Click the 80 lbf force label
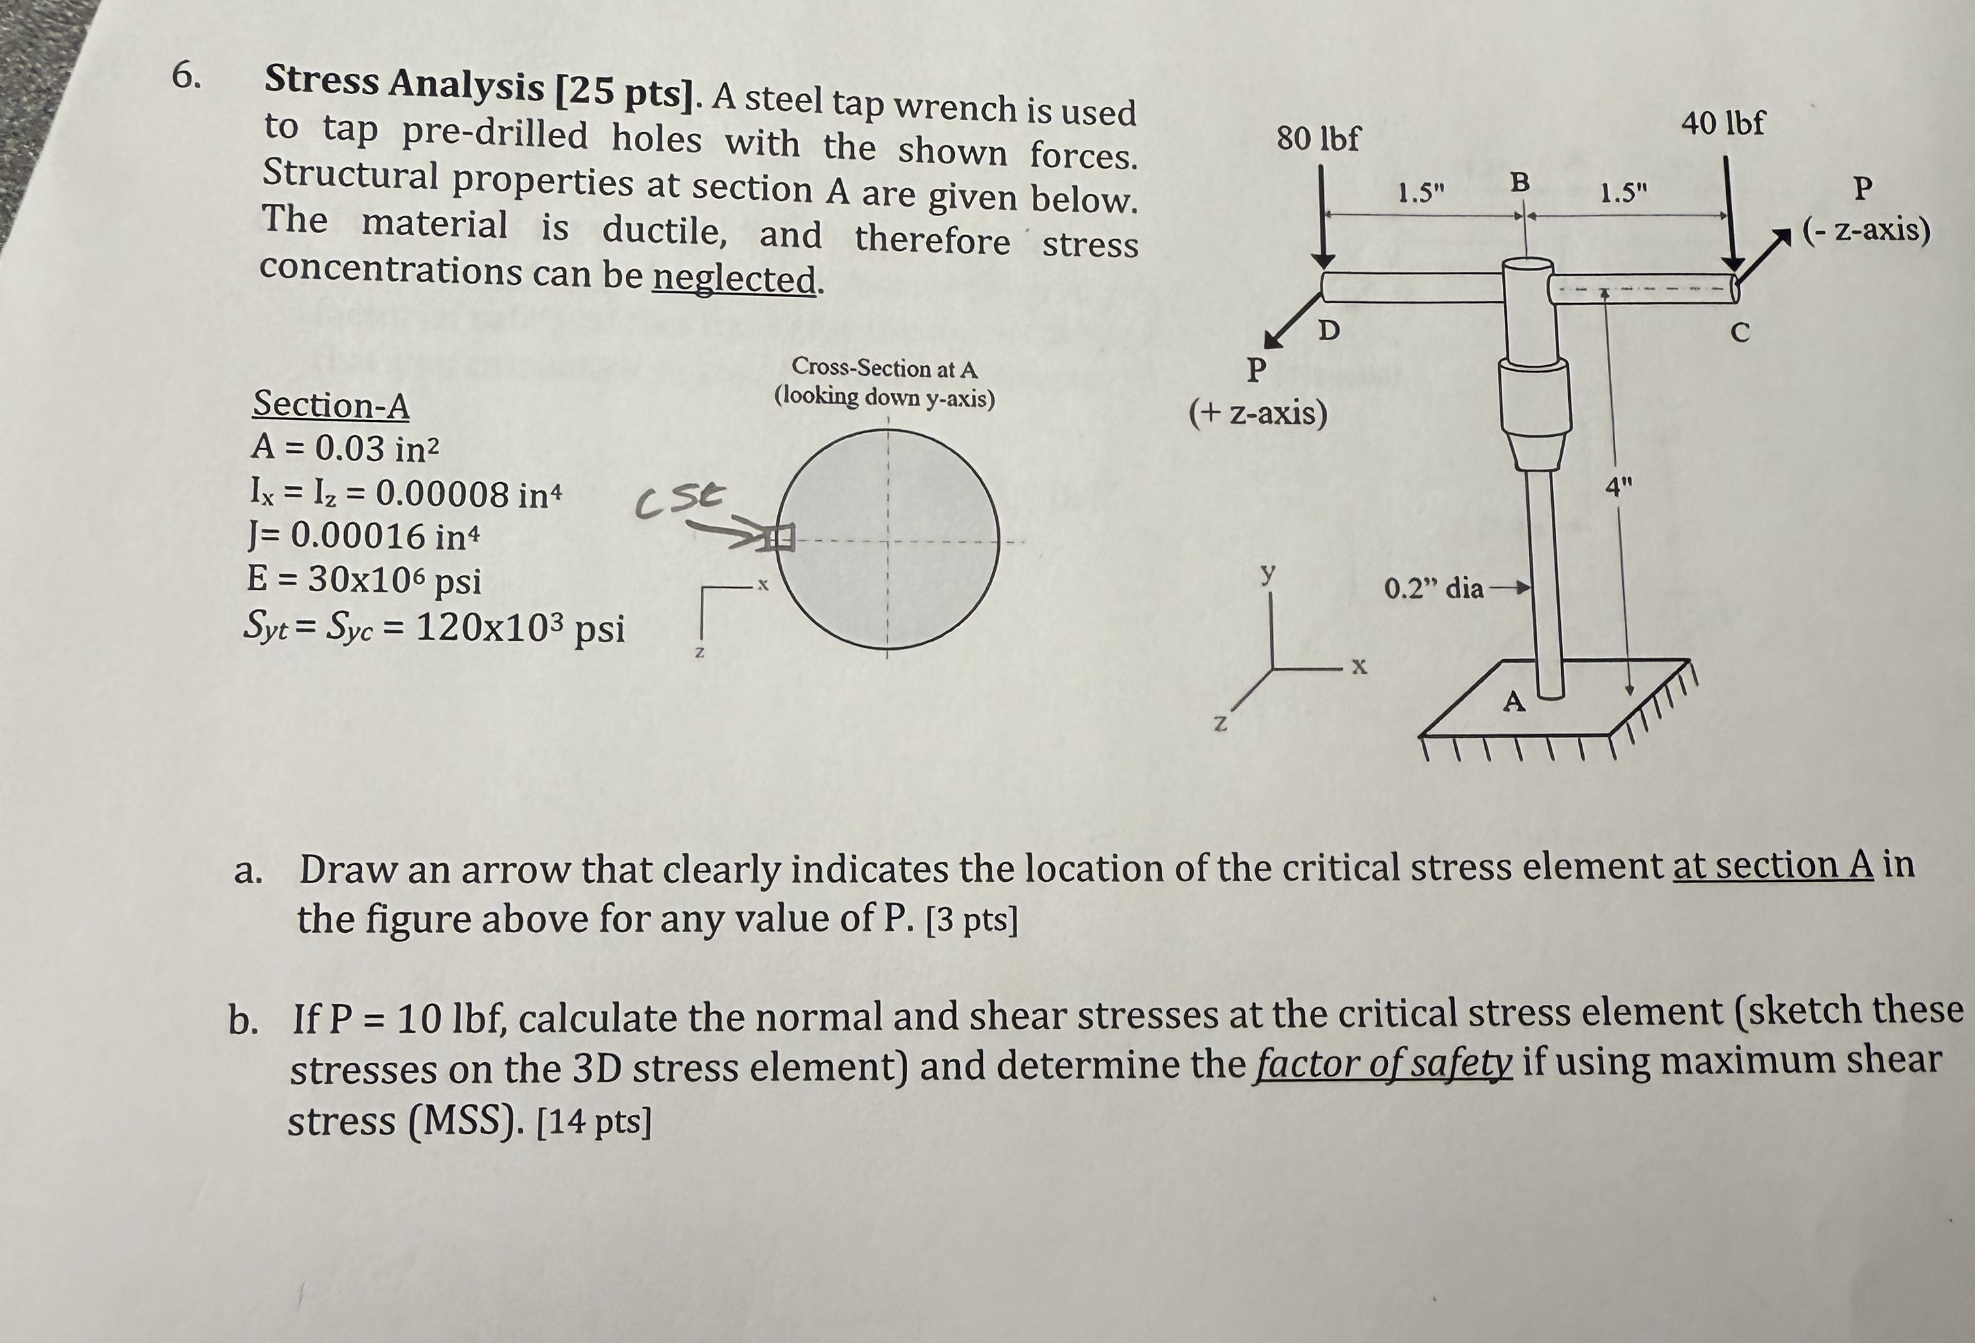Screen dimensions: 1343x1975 (x=1318, y=138)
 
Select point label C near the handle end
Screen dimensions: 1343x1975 (x=1741, y=334)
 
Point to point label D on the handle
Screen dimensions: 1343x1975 (x=1328, y=330)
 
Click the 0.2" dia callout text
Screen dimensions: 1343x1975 (x=1434, y=588)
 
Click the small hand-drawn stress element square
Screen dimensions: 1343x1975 (x=779, y=537)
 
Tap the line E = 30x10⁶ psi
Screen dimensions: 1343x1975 (x=364, y=581)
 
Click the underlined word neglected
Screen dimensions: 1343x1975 (x=734, y=278)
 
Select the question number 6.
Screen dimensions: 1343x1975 (x=186, y=76)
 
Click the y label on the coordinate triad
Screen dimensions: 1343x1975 (x=1268, y=573)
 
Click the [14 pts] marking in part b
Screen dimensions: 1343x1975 (x=595, y=1123)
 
